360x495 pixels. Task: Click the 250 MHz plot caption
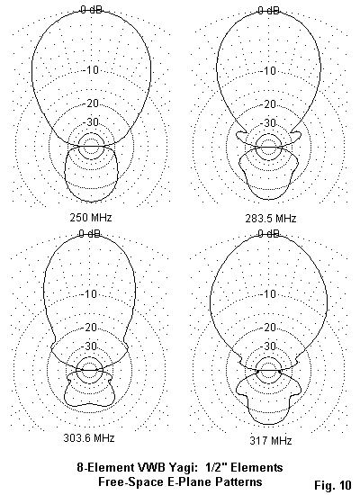click(x=91, y=218)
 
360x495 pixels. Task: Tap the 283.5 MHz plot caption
click(x=271, y=219)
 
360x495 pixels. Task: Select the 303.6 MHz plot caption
click(x=89, y=438)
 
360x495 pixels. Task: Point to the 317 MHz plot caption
click(x=271, y=440)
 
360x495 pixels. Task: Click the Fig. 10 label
click(x=332, y=484)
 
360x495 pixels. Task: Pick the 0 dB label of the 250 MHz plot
click(x=91, y=10)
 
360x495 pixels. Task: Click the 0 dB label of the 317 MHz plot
click(x=269, y=234)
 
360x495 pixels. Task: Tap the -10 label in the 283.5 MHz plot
click(x=269, y=71)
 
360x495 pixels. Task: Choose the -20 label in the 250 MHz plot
click(x=92, y=103)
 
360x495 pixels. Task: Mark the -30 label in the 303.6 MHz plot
click(x=90, y=346)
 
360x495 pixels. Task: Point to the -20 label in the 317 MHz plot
click(x=269, y=328)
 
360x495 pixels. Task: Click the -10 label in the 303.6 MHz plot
click(x=90, y=294)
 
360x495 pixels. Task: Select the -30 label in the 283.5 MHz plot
click(x=269, y=122)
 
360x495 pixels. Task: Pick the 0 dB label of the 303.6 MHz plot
click(x=90, y=234)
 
